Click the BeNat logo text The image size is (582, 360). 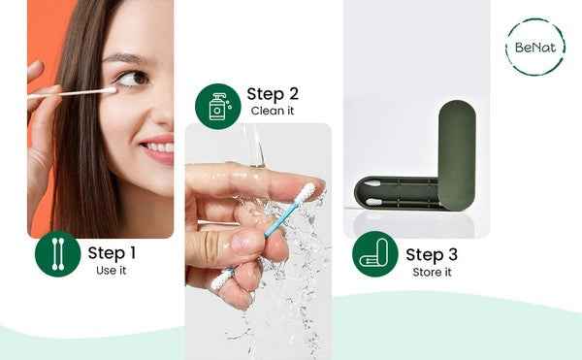tap(535, 48)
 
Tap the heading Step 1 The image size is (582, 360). tap(112, 252)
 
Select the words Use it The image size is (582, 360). tap(111, 271)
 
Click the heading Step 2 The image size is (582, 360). tap(273, 94)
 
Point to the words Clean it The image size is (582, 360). tap(273, 111)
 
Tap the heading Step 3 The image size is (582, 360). tap(432, 254)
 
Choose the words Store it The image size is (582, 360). tap(432, 272)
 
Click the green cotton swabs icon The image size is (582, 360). tap(58, 254)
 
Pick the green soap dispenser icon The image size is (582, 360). tap(218, 107)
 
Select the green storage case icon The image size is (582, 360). tap(374, 254)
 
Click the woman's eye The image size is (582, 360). tap(133, 79)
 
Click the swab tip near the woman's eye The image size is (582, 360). tap(110, 90)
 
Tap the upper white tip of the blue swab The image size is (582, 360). tap(306, 193)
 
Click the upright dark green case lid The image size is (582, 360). tap(457, 155)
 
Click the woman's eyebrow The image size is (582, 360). tap(124, 58)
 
